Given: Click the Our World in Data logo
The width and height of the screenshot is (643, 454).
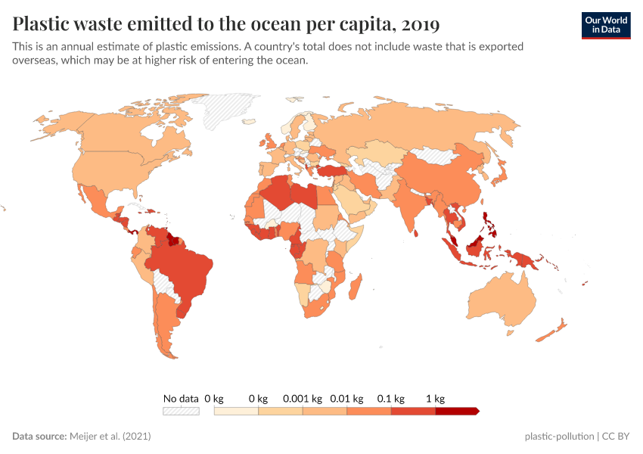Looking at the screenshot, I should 605,25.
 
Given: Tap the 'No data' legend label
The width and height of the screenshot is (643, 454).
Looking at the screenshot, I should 181,398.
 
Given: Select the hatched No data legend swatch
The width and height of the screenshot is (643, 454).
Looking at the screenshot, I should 181,411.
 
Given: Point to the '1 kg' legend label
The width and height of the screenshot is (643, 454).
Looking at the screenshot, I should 435,398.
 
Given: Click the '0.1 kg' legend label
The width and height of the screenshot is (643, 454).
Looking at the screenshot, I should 391,398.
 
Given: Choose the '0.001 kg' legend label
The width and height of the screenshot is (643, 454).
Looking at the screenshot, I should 303,398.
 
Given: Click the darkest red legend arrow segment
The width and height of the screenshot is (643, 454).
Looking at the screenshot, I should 457,411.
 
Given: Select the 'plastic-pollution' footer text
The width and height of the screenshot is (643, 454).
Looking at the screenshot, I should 559,437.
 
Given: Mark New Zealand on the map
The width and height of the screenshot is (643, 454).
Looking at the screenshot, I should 556,329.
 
